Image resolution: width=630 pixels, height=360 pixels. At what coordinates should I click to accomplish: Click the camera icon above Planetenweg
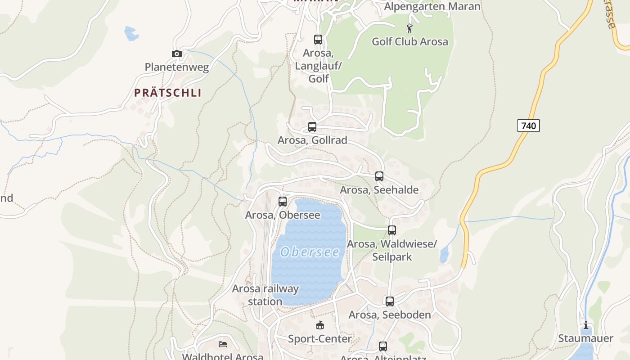177,54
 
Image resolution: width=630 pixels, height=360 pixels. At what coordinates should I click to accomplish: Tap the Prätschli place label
168,93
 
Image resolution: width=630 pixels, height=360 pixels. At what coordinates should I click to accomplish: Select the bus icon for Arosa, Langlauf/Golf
318,40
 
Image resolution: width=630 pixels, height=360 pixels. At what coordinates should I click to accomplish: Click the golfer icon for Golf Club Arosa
409,29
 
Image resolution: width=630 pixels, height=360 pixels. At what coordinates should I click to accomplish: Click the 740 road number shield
528,126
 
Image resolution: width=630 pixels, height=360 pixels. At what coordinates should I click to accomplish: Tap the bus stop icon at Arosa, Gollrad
312,127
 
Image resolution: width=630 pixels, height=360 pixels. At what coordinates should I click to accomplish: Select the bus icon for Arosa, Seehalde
379,176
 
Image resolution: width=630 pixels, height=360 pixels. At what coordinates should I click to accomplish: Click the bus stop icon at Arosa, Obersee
283,202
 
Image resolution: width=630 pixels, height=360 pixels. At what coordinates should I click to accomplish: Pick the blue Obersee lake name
310,252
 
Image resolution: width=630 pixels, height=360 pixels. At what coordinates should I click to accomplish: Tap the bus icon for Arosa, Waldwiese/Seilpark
392,230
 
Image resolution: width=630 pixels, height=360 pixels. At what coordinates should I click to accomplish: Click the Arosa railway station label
265,295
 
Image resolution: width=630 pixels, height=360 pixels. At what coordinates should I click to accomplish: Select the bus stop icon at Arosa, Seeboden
390,301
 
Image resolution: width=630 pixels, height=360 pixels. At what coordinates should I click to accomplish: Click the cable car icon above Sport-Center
320,325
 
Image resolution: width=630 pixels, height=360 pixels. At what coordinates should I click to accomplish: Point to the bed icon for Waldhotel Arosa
223,344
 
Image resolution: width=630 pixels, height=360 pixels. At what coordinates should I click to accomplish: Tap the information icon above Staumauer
586,325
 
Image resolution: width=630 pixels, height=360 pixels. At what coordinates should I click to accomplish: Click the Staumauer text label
585,338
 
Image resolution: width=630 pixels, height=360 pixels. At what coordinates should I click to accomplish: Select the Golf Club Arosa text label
409,42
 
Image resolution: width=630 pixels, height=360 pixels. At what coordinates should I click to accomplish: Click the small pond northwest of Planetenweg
131,33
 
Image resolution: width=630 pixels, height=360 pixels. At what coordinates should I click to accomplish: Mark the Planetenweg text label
177,67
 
